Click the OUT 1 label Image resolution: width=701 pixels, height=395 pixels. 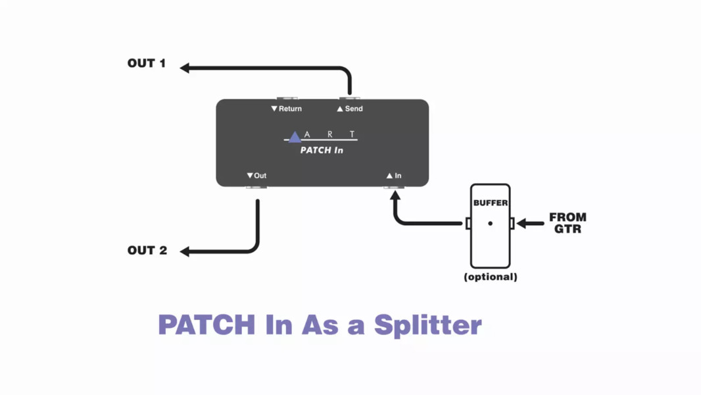[146, 64]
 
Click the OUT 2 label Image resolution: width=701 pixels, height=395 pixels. [147, 251]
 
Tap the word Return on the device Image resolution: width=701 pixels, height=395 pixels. [290, 109]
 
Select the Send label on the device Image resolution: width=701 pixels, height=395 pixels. [354, 109]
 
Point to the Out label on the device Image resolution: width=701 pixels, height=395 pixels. [260, 176]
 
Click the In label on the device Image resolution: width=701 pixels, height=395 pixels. [398, 176]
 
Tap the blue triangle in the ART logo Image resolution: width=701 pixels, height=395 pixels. [295, 136]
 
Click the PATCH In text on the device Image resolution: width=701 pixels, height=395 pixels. [322, 150]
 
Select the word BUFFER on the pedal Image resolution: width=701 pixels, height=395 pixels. [491, 203]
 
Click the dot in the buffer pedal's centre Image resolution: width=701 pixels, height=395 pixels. [490, 224]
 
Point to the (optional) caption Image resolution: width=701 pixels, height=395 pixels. [491, 277]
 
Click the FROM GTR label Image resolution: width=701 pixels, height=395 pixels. [568, 223]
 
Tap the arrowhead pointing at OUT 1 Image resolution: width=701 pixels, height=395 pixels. [185, 68]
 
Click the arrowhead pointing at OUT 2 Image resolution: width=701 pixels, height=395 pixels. [185, 251]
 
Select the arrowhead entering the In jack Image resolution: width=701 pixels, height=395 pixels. [395, 196]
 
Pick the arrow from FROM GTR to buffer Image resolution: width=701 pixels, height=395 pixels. [529, 224]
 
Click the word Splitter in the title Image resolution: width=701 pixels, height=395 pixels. [427, 325]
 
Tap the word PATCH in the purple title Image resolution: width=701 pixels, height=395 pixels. [206, 325]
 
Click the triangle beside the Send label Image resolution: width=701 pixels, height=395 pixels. [340, 109]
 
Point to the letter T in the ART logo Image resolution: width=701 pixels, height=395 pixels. [352, 134]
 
